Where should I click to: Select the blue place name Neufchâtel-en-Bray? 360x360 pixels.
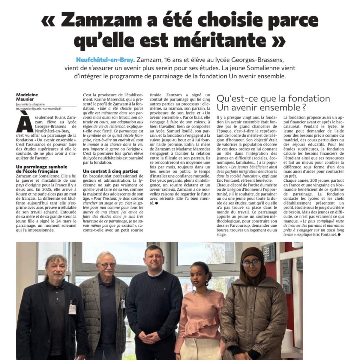point(105,60)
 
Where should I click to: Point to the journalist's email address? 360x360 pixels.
point(39,109)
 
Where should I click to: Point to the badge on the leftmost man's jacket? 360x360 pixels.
point(72,309)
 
